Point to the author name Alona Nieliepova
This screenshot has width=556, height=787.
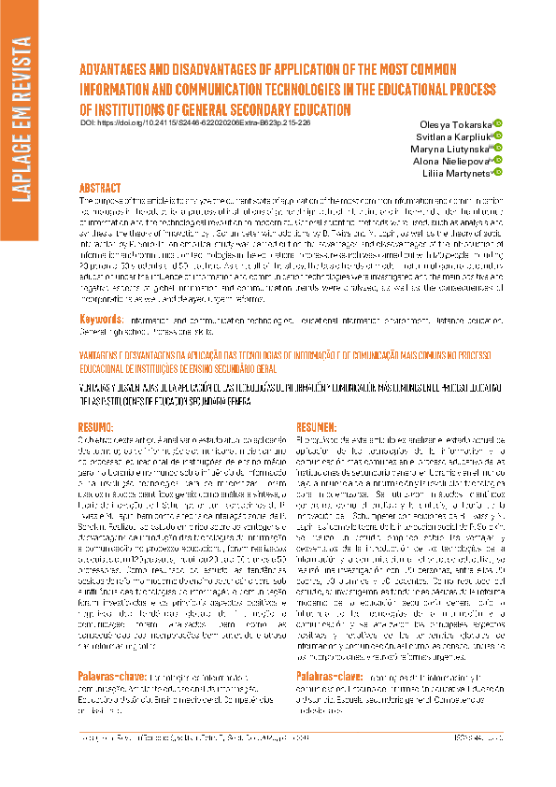[452, 162]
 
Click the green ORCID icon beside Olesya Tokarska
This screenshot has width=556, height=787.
[498, 122]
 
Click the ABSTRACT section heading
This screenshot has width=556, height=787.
[100, 187]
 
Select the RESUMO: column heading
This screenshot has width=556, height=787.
[95, 399]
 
